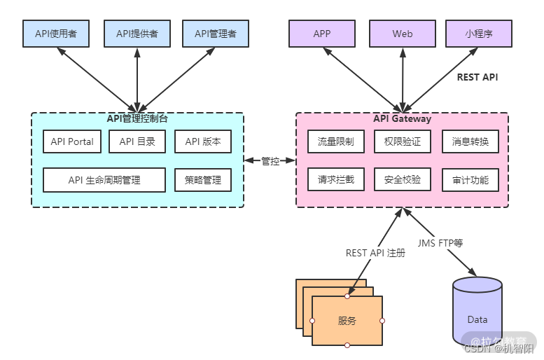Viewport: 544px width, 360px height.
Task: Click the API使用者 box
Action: click(56, 34)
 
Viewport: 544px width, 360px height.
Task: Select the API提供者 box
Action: click(137, 34)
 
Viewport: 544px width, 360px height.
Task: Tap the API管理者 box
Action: click(216, 34)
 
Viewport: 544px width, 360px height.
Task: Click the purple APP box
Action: click(322, 34)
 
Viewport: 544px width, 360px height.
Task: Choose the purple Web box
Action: click(403, 34)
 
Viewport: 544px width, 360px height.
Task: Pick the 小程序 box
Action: click(479, 34)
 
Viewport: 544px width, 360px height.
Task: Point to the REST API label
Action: click(477, 77)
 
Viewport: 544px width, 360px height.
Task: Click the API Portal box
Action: click(72, 141)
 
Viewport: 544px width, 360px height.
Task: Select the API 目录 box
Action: click(137, 141)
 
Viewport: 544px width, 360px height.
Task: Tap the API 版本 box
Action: click(203, 141)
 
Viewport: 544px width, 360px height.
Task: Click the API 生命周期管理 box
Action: click(104, 180)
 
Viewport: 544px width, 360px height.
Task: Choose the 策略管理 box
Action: click(203, 180)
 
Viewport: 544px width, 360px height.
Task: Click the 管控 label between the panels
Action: click(270, 161)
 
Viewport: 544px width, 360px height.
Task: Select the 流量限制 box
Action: click(336, 141)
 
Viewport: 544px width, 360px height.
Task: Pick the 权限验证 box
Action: click(403, 141)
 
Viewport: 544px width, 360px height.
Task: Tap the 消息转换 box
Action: click(470, 141)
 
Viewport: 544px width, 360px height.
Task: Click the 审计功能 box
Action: click(470, 180)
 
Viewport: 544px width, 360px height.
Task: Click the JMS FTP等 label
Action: click(440, 243)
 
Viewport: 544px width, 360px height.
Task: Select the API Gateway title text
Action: click(403, 118)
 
